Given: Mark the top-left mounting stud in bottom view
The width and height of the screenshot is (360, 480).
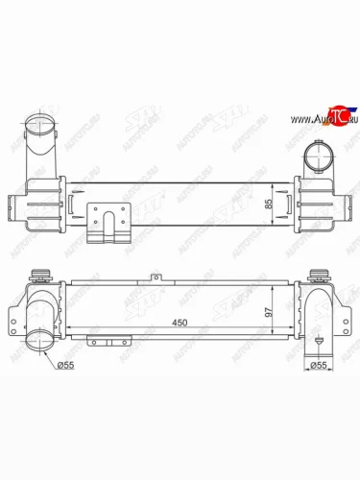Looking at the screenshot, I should click(41, 273).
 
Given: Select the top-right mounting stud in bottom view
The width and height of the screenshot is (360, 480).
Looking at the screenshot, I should click(317, 273).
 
